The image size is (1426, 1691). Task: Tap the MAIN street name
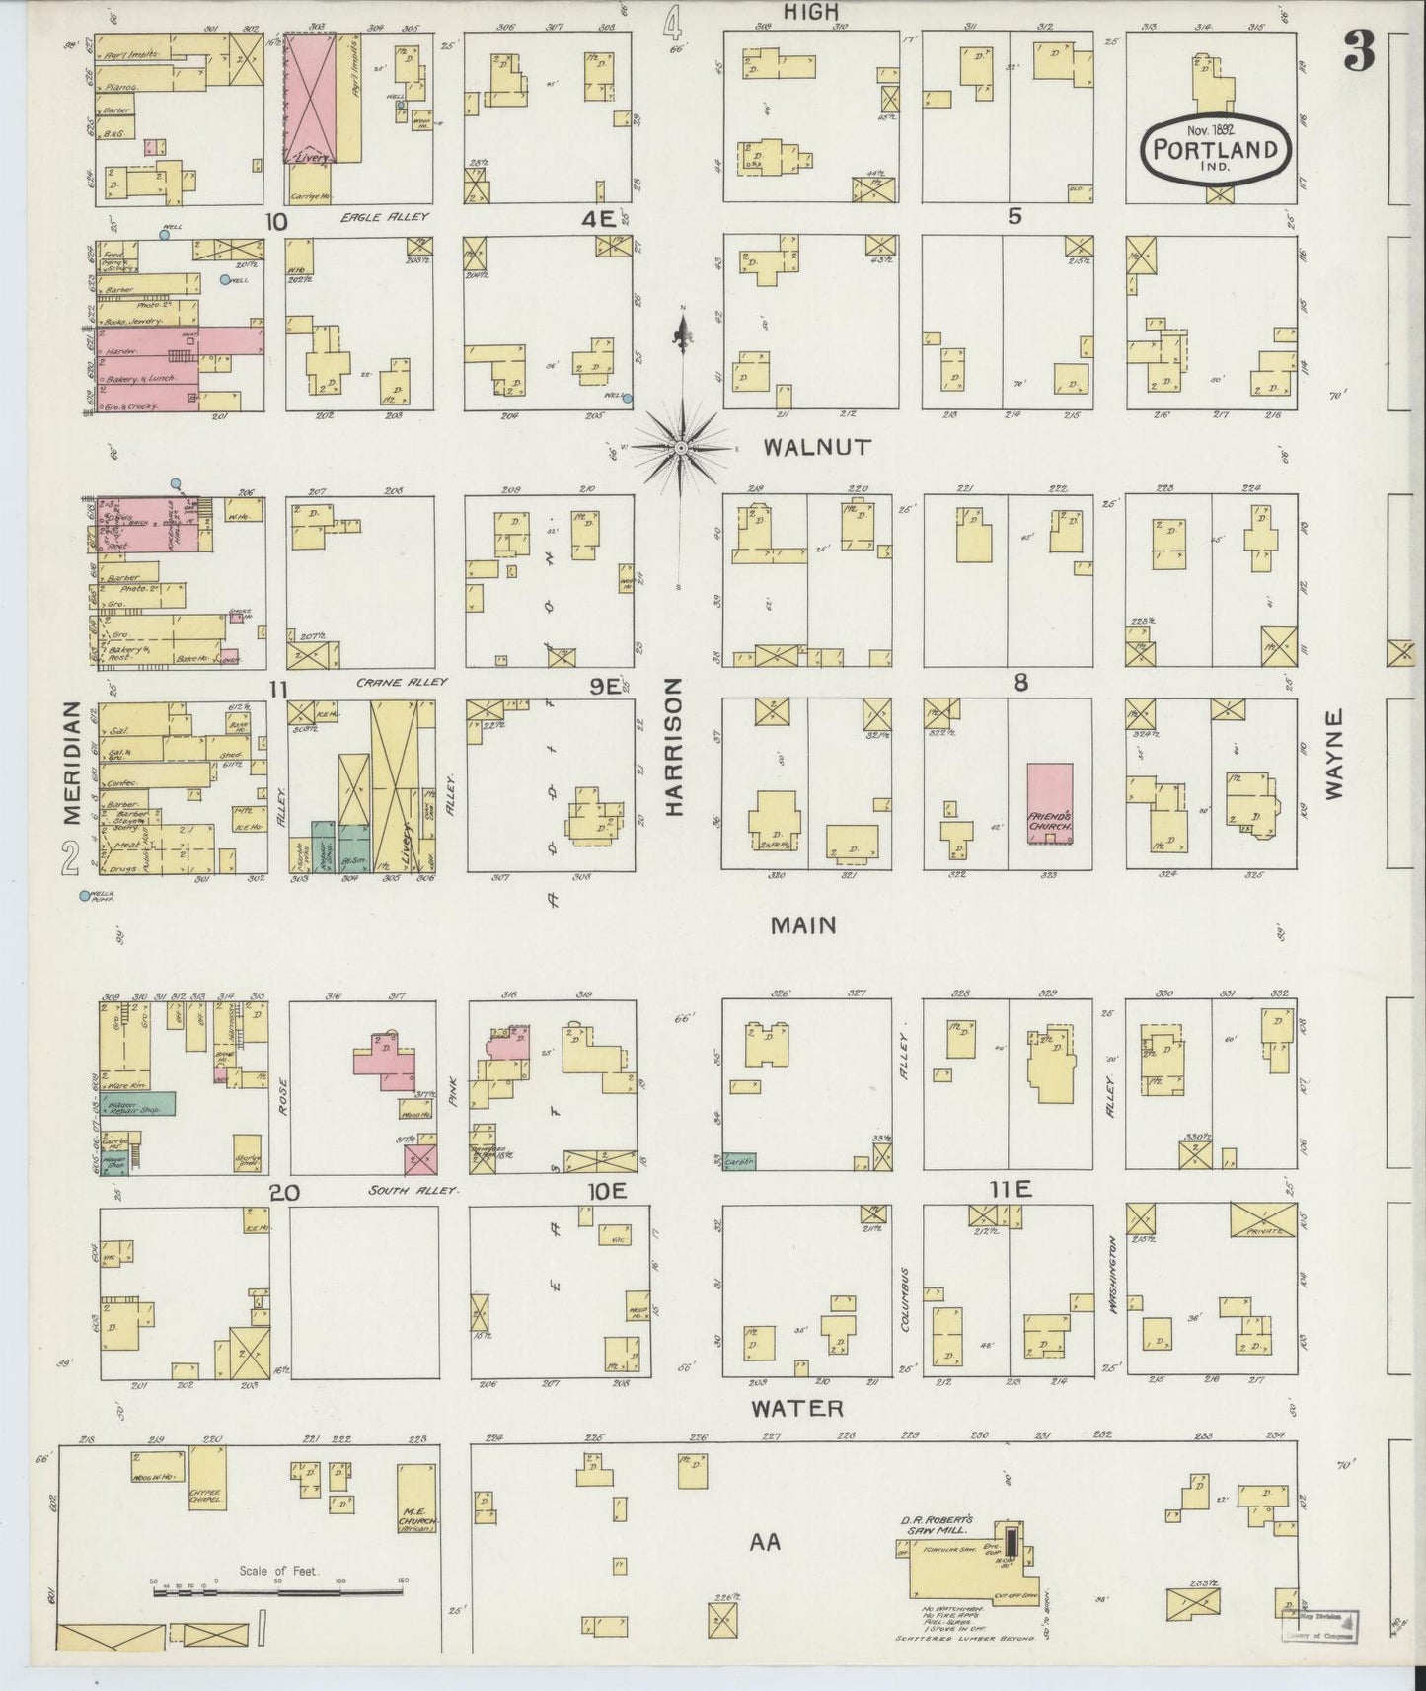[803, 925]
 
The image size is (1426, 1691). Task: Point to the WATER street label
[797, 1409]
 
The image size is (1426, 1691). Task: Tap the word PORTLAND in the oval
[1216, 151]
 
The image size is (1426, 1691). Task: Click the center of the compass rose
[681, 448]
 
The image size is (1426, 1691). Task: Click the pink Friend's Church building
[1049, 802]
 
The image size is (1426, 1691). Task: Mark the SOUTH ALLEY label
[413, 1191]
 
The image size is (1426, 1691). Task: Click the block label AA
[765, 1541]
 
